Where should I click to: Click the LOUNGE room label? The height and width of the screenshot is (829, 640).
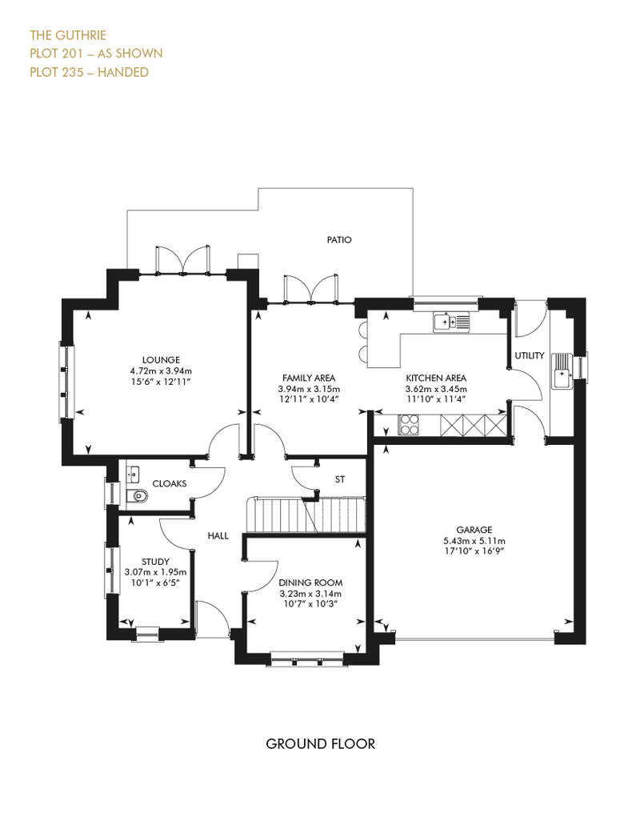tap(161, 360)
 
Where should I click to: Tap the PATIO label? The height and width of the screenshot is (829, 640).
tap(338, 240)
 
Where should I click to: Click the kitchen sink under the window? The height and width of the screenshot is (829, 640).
tap(451, 322)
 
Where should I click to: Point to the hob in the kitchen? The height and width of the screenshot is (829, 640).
tap(408, 425)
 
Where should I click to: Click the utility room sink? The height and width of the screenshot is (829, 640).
tap(562, 370)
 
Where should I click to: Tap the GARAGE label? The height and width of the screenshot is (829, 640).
tap(474, 530)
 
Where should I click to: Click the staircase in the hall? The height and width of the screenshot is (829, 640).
tap(306, 515)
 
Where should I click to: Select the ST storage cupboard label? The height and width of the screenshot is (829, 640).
tap(340, 479)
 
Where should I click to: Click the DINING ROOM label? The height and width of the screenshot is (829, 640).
tap(310, 583)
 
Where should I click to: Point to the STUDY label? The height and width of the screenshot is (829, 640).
tap(155, 562)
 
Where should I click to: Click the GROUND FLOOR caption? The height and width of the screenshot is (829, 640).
tap(320, 744)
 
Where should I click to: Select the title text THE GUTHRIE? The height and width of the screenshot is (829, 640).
tap(68, 35)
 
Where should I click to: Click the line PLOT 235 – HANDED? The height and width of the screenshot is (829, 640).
tap(90, 72)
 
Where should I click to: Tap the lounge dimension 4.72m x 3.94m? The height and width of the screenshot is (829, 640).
tap(161, 370)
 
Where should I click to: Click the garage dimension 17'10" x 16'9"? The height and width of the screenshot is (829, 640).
tap(474, 551)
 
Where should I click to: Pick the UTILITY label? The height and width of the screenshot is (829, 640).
tap(530, 356)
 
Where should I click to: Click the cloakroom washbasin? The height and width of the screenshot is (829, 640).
tap(133, 474)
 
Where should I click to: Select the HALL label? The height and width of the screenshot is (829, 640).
tap(218, 536)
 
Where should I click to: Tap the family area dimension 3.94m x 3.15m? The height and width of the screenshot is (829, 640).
tap(309, 389)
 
